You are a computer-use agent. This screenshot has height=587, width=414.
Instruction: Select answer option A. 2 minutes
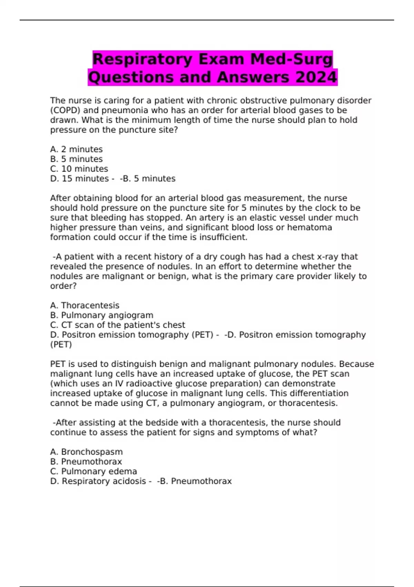(x=76, y=149)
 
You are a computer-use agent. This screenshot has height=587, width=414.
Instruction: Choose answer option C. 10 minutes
(x=79, y=169)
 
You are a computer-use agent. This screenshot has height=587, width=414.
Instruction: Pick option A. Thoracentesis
(x=85, y=306)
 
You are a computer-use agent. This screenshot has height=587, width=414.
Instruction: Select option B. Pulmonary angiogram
(x=101, y=315)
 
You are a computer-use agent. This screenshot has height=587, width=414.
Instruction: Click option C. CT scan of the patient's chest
(x=117, y=325)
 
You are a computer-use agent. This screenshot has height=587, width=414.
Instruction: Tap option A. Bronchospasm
(x=86, y=452)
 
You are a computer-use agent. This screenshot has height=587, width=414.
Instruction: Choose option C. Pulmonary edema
(x=93, y=471)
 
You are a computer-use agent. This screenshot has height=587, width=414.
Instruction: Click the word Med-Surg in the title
(x=292, y=59)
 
